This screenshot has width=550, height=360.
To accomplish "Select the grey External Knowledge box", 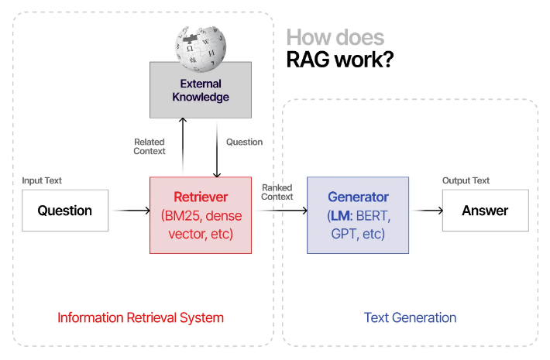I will click(200, 91).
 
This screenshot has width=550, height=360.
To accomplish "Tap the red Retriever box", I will click(200, 215).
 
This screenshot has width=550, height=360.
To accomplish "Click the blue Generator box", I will click(358, 215).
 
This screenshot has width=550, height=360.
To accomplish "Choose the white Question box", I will click(65, 211).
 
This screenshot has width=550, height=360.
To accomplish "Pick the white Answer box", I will click(485, 211).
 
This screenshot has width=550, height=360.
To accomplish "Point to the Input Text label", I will click(42, 181).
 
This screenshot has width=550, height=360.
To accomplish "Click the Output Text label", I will click(466, 181).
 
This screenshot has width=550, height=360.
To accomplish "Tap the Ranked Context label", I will click(277, 192).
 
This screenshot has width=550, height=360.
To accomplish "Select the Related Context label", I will click(150, 146).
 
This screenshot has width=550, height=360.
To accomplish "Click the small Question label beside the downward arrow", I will click(244, 142).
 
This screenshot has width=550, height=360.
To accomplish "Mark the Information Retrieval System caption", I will click(140, 317).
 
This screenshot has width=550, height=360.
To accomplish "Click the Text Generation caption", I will click(410, 317).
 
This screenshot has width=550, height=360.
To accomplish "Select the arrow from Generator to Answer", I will click(427, 211).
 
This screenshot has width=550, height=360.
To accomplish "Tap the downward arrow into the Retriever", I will click(216, 147).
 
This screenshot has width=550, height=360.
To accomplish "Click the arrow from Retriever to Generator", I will click(279, 211).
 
